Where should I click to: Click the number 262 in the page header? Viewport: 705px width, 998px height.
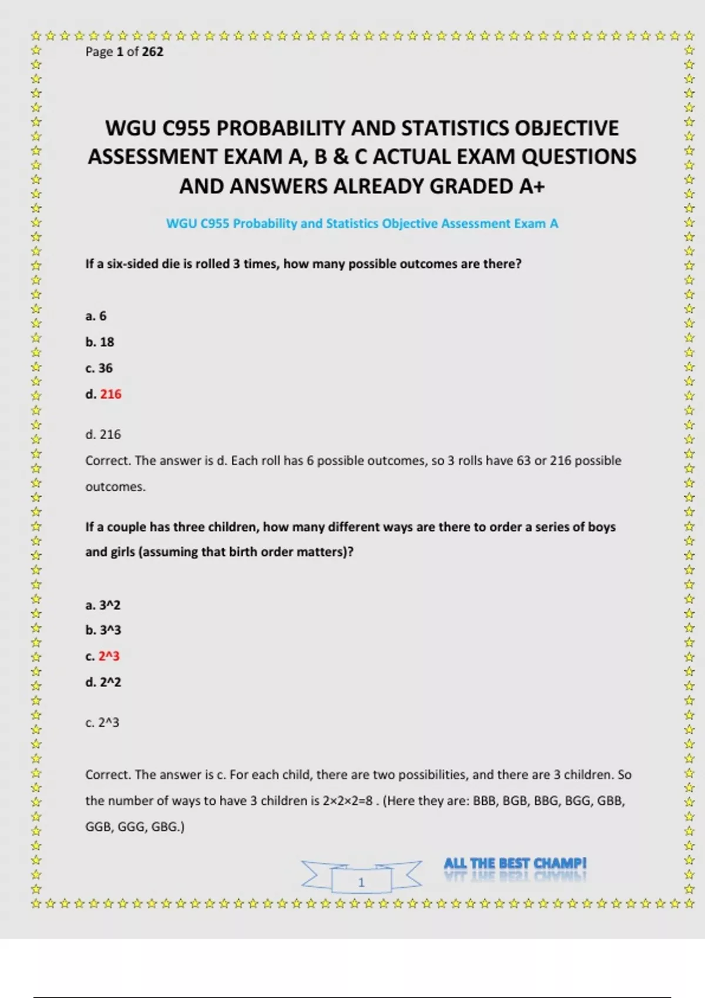click(x=152, y=52)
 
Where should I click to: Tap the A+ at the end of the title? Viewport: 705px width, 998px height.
click(x=532, y=186)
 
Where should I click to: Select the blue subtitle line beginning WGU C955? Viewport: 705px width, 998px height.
click(x=362, y=224)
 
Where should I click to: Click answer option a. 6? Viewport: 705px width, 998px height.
click(x=96, y=316)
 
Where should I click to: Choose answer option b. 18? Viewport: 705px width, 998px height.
click(x=100, y=342)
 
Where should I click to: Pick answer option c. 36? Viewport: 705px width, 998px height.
click(x=99, y=368)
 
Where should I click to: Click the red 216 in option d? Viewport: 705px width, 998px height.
click(x=111, y=394)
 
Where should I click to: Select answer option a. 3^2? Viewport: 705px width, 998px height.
click(x=103, y=605)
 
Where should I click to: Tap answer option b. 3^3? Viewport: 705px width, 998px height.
click(x=103, y=630)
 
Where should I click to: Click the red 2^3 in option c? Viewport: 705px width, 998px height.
click(x=109, y=656)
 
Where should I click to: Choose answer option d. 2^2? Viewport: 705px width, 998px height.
click(x=103, y=682)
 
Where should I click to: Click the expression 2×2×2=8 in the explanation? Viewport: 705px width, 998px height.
click(x=347, y=801)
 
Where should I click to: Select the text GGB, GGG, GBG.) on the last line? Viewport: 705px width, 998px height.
click(x=135, y=827)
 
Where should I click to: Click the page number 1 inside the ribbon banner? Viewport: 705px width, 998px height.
click(x=361, y=882)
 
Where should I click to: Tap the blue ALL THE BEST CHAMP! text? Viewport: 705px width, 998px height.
click(x=515, y=864)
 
